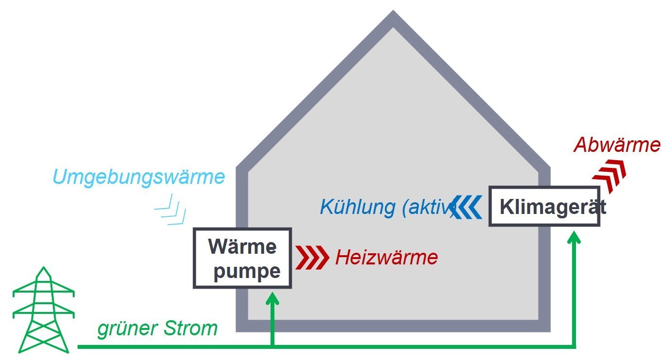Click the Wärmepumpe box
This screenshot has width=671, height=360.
point(242,258)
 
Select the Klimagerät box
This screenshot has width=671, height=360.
point(544,207)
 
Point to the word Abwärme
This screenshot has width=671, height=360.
point(617,145)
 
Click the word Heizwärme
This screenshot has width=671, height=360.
point(386,257)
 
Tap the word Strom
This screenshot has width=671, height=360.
point(190,329)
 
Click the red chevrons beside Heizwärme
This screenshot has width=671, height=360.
point(312,258)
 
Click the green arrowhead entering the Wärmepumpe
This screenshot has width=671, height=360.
point(273,296)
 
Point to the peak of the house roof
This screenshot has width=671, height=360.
point(393,17)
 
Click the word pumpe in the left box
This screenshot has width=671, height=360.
point(247,272)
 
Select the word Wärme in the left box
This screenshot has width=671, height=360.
point(242,246)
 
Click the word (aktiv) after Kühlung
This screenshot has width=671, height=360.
point(429,208)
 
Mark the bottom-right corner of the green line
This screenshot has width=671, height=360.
point(575,346)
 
